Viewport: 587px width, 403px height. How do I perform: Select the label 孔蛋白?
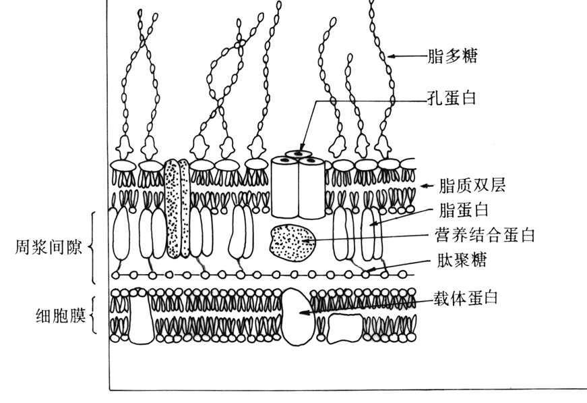(452, 98)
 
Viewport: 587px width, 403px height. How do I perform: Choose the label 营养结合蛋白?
(485, 236)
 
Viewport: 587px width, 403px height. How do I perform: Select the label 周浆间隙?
(48, 248)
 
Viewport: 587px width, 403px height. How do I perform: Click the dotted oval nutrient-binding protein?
(292, 243)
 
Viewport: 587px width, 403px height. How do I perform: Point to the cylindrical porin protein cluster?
(298, 186)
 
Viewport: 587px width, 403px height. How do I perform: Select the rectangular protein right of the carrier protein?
(345, 327)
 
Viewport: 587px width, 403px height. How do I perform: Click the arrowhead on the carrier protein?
(303, 313)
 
